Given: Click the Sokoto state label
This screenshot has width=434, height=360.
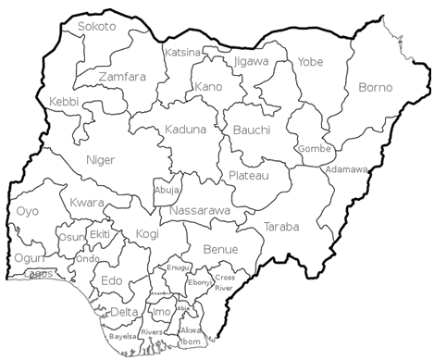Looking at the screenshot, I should pyautogui.click(x=97, y=27).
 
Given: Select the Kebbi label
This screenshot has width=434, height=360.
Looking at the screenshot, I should pyautogui.click(x=65, y=100).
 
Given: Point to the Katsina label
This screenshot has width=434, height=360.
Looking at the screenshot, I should pyautogui.click(x=182, y=53).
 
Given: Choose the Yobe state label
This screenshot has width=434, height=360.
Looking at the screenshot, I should pyautogui.click(x=310, y=62).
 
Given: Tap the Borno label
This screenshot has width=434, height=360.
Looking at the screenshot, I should pyautogui.click(x=375, y=88).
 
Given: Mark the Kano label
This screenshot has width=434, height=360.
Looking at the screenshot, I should pyautogui.click(x=209, y=87).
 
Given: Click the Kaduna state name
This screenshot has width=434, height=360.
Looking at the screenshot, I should pyautogui.click(x=185, y=130).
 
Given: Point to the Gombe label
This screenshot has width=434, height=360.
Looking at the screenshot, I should pyautogui.click(x=309, y=149).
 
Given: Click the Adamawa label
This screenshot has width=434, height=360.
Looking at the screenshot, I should pyautogui.click(x=347, y=170).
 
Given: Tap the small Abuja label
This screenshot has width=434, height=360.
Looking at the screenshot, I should pyautogui.click(x=167, y=191).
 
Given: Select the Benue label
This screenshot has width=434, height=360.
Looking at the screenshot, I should pyautogui.click(x=219, y=250).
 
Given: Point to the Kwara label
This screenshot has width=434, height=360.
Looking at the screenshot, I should pyautogui.click(x=87, y=202).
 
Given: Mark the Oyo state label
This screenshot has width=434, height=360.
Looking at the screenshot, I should pyautogui.click(x=28, y=212).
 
